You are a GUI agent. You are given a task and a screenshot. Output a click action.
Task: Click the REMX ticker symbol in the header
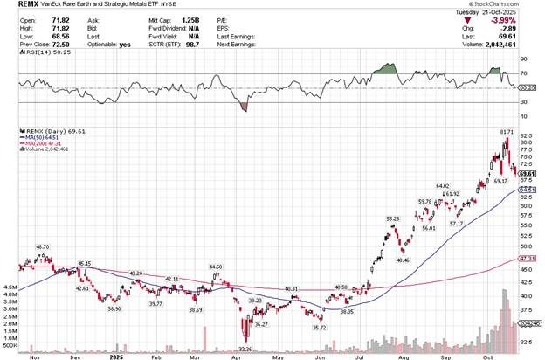17,7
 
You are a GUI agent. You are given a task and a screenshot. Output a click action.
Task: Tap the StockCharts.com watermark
511,3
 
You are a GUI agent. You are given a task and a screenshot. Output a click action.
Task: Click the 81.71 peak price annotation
506,131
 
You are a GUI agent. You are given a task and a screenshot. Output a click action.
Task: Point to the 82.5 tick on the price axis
526,137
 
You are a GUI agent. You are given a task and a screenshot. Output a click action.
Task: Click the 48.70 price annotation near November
42,247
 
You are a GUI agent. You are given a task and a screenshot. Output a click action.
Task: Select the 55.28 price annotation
393,218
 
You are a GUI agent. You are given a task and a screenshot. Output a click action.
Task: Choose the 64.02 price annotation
443,185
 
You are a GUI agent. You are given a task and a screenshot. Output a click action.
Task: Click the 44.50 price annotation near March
216,266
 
